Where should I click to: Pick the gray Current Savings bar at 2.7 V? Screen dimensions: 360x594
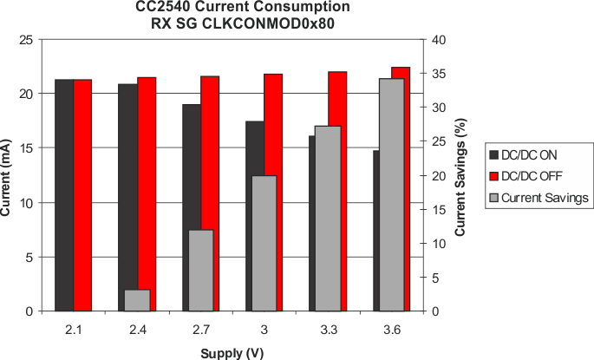pyautogui.click(x=201, y=270)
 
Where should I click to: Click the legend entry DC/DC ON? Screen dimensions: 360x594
pyautogui.click(x=530, y=155)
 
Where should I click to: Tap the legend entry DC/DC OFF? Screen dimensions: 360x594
pyautogui.click(x=532, y=176)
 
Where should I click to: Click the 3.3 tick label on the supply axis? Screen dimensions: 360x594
pyautogui.click(x=328, y=330)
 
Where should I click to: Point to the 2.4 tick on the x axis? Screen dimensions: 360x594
pyautogui.click(x=137, y=330)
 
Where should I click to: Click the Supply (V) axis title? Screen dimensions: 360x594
pyautogui.click(x=232, y=353)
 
